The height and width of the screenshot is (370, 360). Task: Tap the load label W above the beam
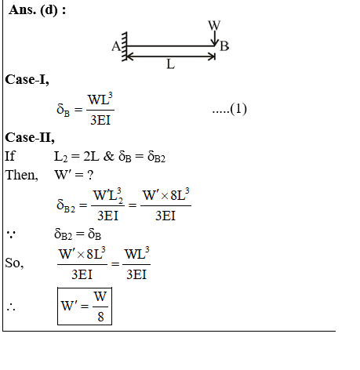click(214, 25)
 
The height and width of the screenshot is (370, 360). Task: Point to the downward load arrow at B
click(215, 38)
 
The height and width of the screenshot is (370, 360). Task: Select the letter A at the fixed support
click(116, 46)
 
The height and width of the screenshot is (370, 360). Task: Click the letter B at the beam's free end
click(224, 46)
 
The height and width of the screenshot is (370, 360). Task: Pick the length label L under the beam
click(170, 63)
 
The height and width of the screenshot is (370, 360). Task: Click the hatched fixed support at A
click(125, 46)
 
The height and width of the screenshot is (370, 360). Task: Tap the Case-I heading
click(27, 79)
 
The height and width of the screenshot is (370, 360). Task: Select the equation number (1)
click(238, 109)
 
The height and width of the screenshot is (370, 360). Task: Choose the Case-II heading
click(30, 137)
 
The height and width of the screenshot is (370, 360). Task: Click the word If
click(10, 156)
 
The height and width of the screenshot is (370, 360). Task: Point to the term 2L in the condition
click(91, 156)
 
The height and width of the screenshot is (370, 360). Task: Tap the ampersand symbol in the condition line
click(109, 156)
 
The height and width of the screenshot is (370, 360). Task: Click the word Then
click(22, 175)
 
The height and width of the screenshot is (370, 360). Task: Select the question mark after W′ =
click(90, 175)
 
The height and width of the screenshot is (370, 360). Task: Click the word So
click(14, 263)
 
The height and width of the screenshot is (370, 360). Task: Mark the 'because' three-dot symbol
click(11, 234)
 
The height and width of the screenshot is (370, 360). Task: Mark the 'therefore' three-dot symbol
click(11, 307)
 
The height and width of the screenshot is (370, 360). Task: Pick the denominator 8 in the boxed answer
click(100, 317)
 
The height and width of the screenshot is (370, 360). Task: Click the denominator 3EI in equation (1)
click(100, 120)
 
